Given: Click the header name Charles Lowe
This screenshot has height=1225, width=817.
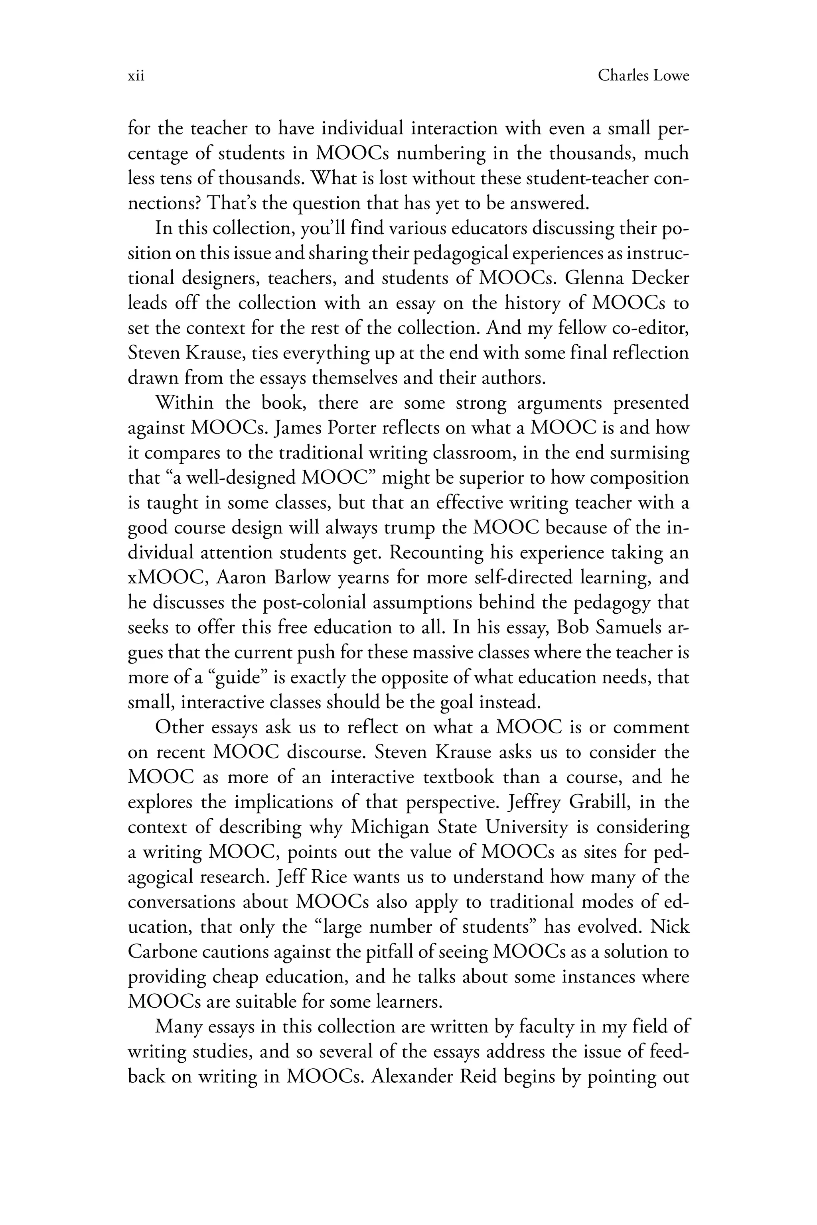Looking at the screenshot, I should click(x=643, y=76).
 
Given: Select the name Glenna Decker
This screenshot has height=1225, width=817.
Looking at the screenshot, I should click(x=627, y=278).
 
